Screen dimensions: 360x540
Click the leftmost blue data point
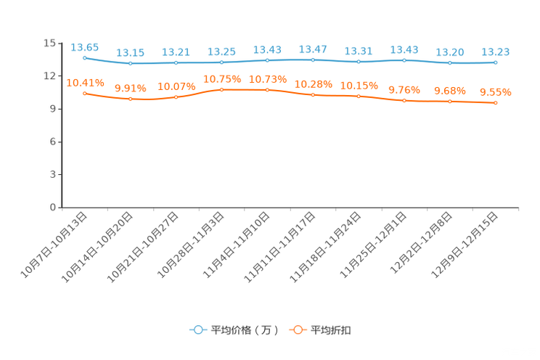[x=85, y=58]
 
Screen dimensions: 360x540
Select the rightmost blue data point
[x=495, y=63]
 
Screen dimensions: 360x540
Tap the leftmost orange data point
[x=85, y=94]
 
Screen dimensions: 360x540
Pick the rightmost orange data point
[x=495, y=104]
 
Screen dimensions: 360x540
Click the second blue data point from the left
[x=131, y=64]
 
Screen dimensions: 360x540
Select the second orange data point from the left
[x=131, y=99]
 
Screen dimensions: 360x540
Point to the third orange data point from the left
[x=176, y=97]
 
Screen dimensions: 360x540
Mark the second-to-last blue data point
[x=450, y=63]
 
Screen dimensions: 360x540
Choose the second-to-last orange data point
[x=450, y=102]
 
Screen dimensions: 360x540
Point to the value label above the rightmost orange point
[x=496, y=92]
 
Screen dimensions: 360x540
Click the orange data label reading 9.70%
[x=404, y=90]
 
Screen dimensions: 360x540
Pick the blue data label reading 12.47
[x=313, y=49]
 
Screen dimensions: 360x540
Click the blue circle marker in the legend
[x=197, y=330]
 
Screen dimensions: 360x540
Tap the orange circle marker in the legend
[x=297, y=330]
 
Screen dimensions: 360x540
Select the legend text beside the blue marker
[x=245, y=330]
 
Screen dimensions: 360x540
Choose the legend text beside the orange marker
[x=332, y=330]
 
